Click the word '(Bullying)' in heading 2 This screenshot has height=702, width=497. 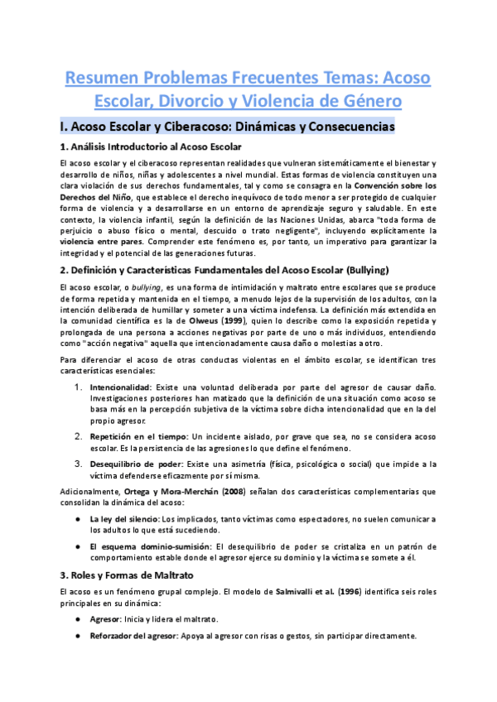pyautogui.click(x=354, y=270)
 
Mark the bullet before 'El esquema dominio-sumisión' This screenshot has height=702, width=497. pyautogui.click(x=77, y=546)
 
